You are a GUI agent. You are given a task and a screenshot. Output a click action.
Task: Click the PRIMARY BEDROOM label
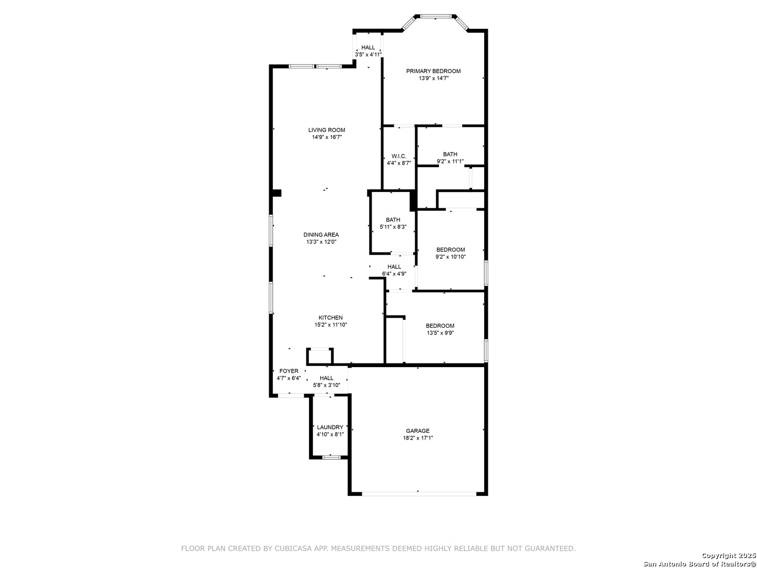pos(433,72)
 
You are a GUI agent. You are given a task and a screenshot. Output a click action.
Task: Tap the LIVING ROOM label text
pos(326,130)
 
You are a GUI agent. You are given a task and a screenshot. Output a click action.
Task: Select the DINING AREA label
pos(321,235)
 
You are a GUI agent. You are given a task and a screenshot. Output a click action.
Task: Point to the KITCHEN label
pos(330,318)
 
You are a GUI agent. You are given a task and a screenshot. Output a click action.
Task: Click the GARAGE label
pos(417,431)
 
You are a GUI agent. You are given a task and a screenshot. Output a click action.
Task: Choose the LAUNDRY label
pos(330,427)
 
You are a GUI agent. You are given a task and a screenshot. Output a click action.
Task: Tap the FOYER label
pos(289,371)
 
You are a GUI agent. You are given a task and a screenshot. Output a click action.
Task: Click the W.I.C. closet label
pos(398,156)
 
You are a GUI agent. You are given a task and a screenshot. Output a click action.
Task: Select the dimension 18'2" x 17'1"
pos(417,438)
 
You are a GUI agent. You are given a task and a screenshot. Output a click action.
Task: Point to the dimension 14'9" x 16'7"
pos(326,137)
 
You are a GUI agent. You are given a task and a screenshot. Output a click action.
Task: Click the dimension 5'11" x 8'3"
pos(393,227)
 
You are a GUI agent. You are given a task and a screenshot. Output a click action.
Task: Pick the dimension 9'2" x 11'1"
pos(450,161)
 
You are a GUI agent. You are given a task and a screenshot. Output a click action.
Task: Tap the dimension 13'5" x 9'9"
pos(440,333)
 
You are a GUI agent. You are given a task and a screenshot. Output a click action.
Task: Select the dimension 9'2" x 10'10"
pos(451,257)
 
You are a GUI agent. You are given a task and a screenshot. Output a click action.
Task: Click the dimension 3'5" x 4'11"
pos(368,55)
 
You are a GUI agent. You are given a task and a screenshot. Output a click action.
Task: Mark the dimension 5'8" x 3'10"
pos(326,385)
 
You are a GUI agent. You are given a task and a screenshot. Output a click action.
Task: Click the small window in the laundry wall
pos(331,458)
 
